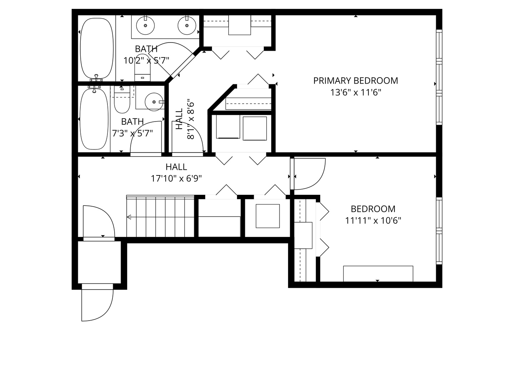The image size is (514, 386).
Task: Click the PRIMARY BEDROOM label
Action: click(356, 80)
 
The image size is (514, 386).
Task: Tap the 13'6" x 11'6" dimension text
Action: click(356, 93)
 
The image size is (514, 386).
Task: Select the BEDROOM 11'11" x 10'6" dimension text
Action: click(373, 221)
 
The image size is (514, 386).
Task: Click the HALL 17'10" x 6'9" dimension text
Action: click(176, 178)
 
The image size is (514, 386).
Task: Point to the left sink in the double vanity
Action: click(145, 25)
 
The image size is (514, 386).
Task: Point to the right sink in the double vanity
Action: click(187, 25)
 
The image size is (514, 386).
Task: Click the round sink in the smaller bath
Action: click(154, 102)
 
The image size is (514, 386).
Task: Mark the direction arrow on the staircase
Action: click(129, 217)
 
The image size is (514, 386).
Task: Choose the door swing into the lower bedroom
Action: click(309, 174)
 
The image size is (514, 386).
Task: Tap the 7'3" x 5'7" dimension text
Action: click(132, 133)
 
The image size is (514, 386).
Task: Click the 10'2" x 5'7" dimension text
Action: click(146, 60)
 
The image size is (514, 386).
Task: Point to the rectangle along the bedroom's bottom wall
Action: click(378, 273)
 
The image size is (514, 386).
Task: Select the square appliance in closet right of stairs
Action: click(268, 216)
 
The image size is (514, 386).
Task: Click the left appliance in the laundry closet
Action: click(228, 128)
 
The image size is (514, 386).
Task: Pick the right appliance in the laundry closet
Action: click(255, 128)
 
